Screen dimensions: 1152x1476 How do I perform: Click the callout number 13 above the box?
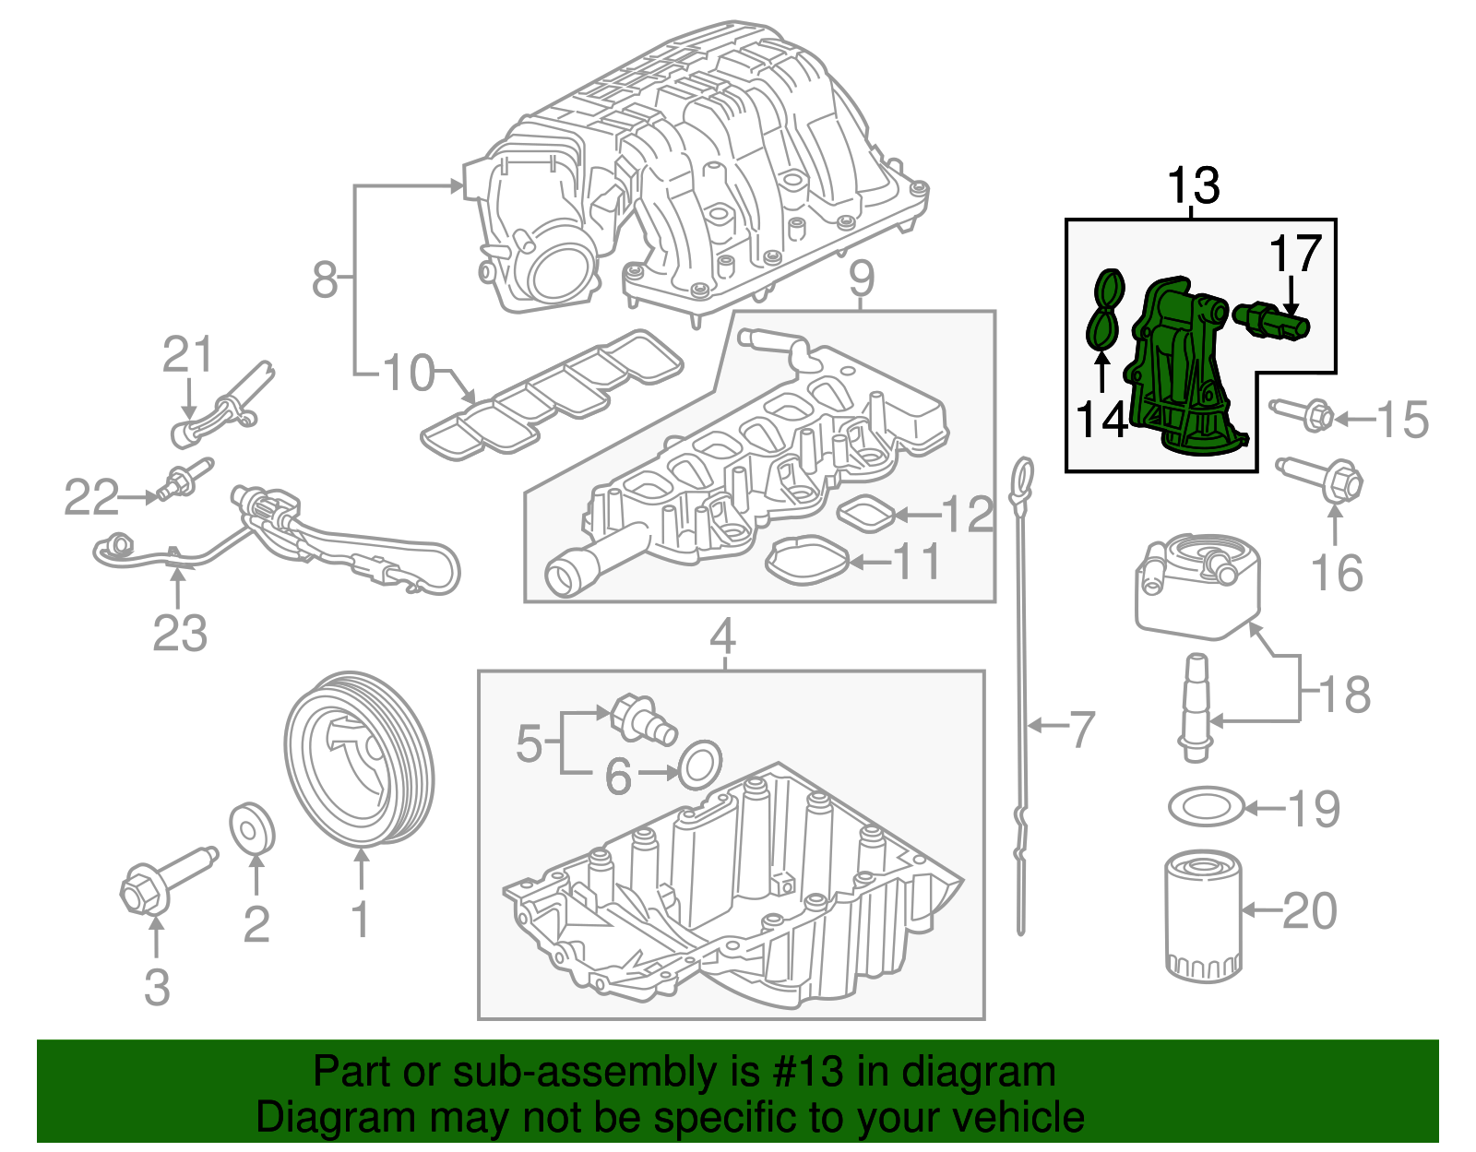point(1194,185)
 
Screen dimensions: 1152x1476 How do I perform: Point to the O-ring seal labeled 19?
point(1205,808)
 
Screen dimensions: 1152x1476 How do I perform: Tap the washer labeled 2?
point(251,828)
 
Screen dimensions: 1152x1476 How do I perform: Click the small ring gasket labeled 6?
point(700,764)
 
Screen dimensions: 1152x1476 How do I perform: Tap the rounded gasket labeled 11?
point(808,561)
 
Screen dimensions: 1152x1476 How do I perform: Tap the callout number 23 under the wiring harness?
point(179,634)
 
